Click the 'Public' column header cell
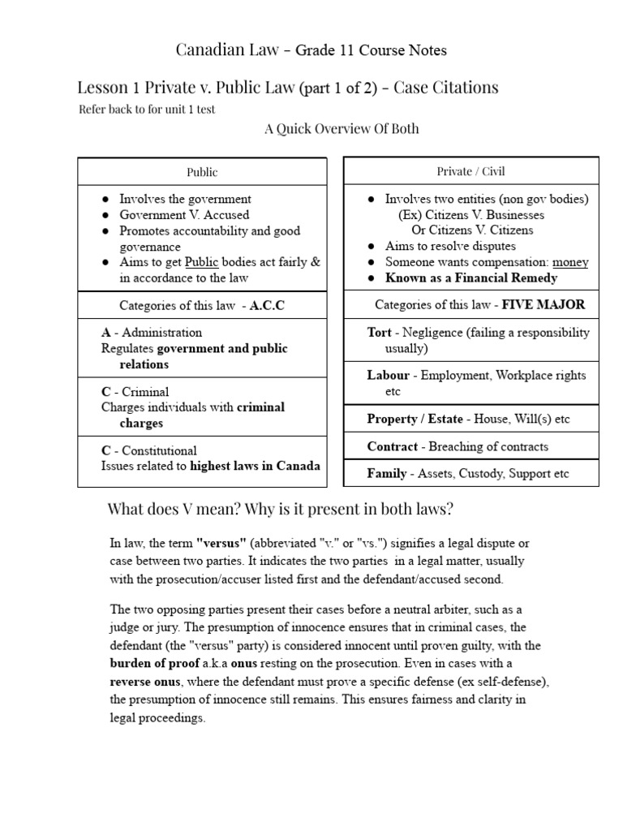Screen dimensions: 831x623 [x=202, y=172]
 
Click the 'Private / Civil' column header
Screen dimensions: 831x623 [x=471, y=171]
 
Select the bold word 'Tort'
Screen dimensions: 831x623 [x=380, y=333]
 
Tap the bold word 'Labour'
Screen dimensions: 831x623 [x=388, y=376]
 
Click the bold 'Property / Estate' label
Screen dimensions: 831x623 [x=415, y=419]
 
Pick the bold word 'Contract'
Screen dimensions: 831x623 [x=392, y=446]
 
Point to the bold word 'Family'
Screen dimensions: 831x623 [x=386, y=473]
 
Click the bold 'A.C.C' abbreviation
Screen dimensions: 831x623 [x=268, y=306]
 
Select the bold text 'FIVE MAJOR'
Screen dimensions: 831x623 [x=544, y=305]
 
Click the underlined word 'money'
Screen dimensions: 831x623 [x=570, y=262]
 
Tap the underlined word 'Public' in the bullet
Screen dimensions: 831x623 [x=201, y=262]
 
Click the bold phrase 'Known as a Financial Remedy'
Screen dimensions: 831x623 [x=471, y=278]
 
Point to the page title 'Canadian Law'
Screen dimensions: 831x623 [x=220, y=50]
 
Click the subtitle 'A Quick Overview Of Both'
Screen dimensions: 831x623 [x=342, y=129]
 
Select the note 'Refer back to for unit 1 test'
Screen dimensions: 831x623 [x=147, y=110]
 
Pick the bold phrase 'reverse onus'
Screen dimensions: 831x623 [x=144, y=681]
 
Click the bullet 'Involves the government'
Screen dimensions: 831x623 [x=185, y=199]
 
